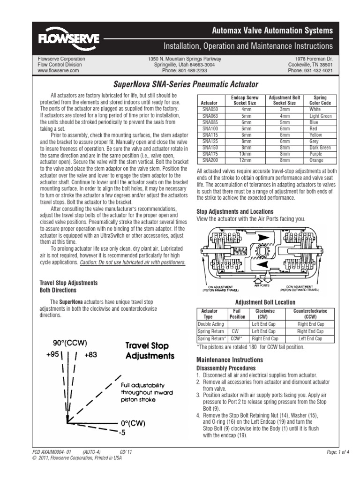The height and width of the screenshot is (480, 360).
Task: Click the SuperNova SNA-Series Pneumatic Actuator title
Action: [186, 85]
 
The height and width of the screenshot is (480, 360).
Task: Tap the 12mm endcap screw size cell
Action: [245, 160]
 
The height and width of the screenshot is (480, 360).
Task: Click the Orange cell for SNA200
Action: [316, 160]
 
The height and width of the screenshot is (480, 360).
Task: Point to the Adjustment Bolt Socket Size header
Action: [285, 100]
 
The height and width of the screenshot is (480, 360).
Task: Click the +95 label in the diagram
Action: [52, 355]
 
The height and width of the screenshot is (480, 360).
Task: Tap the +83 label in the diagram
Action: [90, 355]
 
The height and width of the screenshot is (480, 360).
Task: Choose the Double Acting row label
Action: [211, 324]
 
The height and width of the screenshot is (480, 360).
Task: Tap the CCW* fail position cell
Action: [237, 338]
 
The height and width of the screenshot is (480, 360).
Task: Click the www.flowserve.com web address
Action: [58, 71]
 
